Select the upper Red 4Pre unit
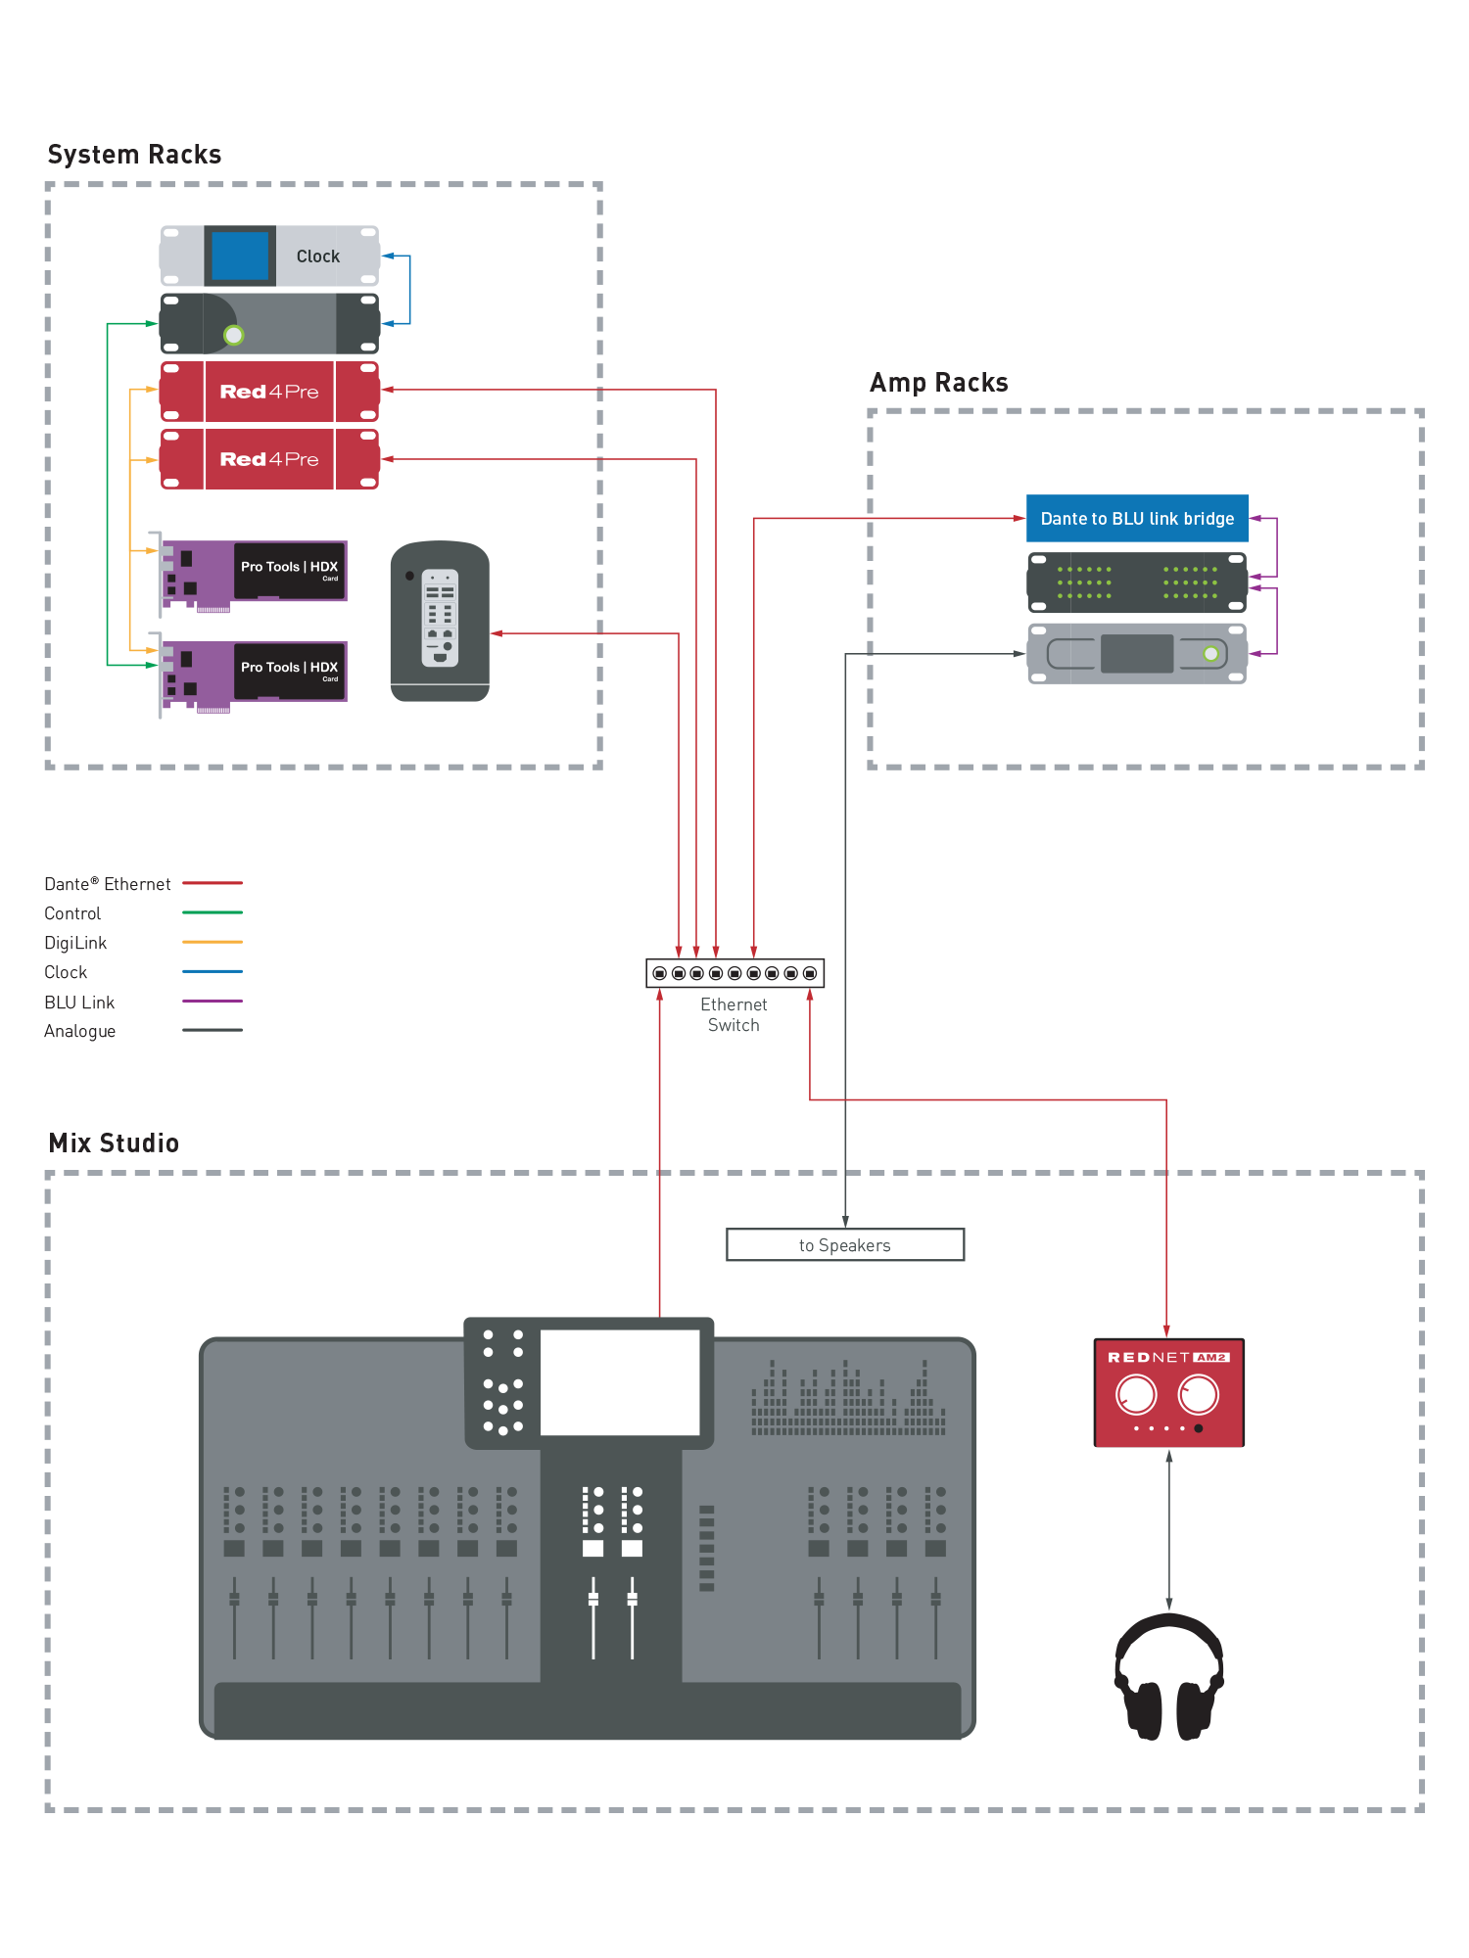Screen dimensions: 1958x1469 coord(269,392)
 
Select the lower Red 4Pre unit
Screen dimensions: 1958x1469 coord(269,459)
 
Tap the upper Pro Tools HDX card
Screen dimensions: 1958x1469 coord(255,573)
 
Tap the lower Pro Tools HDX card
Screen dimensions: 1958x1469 coord(255,674)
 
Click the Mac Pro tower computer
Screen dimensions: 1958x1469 coord(440,621)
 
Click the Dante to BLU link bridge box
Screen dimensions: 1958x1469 coord(1137,518)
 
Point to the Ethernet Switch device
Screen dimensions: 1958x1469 coord(734,973)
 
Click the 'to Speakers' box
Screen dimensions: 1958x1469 coord(844,1244)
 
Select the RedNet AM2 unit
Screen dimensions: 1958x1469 coord(1168,1392)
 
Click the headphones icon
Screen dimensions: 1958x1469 coord(1169,1677)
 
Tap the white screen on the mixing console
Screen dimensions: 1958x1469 coord(620,1381)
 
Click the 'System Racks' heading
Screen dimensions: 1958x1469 coord(134,155)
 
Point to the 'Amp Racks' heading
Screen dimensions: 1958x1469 coord(938,383)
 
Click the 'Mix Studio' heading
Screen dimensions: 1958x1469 coord(114,1143)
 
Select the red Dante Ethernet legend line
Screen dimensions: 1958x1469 coord(213,883)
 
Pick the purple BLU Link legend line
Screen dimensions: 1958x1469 coord(213,1001)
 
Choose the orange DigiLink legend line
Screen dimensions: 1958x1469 coord(213,942)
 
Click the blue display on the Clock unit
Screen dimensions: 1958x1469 coord(240,256)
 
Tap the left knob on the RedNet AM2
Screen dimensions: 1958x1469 coord(1136,1394)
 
